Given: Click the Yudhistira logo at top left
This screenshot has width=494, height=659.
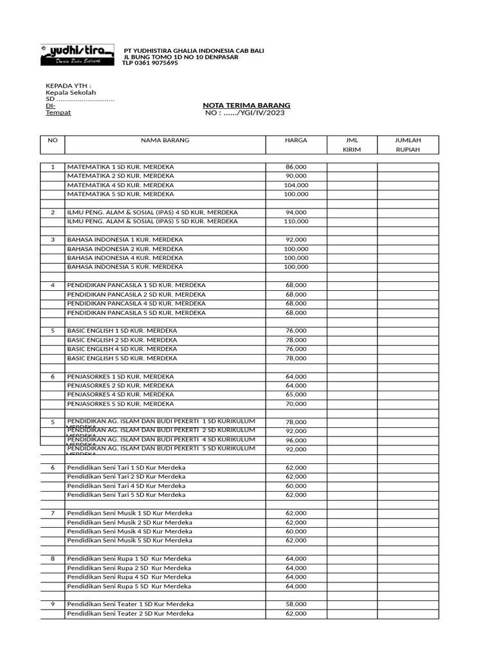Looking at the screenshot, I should (x=76, y=55).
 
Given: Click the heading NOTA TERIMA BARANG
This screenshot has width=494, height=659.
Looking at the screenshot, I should (x=246, y=105).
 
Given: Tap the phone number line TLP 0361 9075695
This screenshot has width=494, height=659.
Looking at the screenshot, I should (x=151, y=63).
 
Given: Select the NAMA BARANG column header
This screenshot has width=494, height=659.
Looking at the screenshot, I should (x=165, y=140).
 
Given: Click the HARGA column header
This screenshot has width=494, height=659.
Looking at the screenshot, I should (x=296, y=140).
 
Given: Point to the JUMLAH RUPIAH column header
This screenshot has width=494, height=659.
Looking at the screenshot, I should (x=408, y=144).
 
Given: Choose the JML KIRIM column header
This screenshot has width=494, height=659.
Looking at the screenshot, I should (x=351, y=144).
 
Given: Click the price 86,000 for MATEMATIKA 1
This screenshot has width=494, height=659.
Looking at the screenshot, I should (x=296, y=167).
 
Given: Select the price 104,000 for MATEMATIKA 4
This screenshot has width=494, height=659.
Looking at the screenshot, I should (x=296, y=185).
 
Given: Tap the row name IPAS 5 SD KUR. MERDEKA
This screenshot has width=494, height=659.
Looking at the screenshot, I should (x=152, y=221).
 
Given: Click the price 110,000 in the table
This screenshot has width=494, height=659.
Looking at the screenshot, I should (x=296, y=221).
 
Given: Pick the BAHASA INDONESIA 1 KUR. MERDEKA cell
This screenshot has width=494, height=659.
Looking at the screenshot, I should (x=125, y=239).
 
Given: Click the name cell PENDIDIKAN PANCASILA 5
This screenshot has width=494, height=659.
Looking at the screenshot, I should (x=136, y=312).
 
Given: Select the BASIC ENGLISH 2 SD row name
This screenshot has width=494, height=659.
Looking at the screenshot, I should (x=122, y=340).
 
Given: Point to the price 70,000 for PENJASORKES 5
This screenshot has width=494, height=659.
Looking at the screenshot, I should (x=296, y=404).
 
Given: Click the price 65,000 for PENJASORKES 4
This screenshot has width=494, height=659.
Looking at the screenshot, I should (x=296, y=394).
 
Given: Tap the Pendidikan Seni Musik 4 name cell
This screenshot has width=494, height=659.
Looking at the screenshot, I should (x=129, y=532).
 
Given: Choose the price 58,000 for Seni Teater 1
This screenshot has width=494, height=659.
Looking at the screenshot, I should (x=296, y=604).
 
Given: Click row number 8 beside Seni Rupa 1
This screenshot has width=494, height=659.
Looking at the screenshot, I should (x=53, y=559).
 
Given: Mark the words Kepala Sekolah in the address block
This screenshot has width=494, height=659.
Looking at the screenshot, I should (x=70, y=93).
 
